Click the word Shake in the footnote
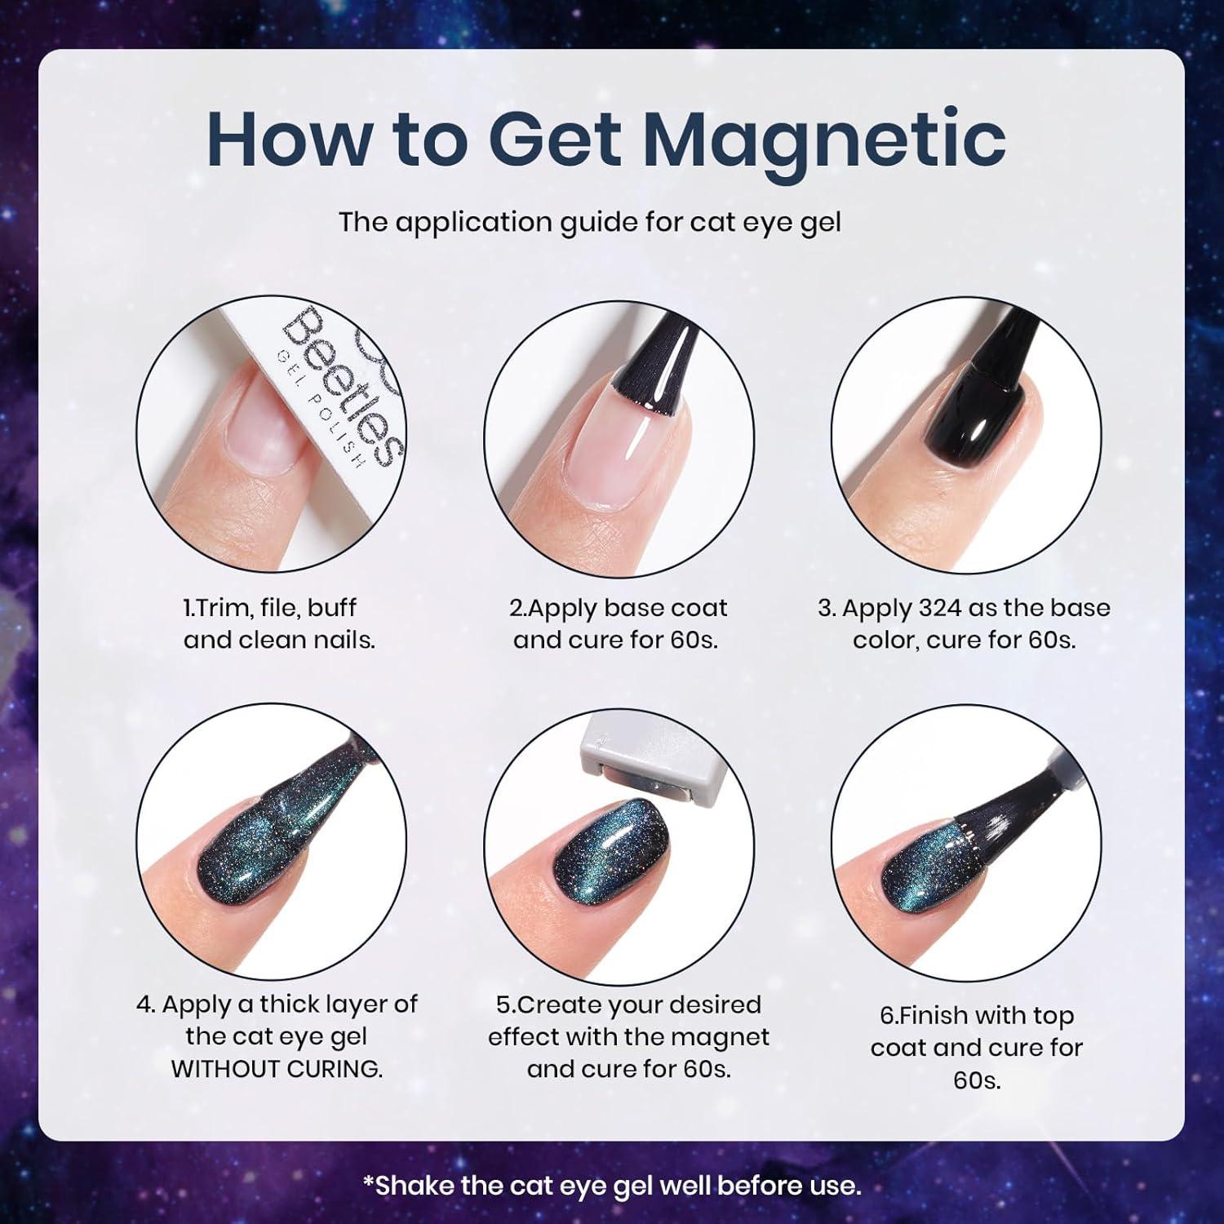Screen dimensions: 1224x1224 pos(412,1185)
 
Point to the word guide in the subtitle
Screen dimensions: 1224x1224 pos(596,223)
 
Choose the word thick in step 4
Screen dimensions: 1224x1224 pos(293,1004)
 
